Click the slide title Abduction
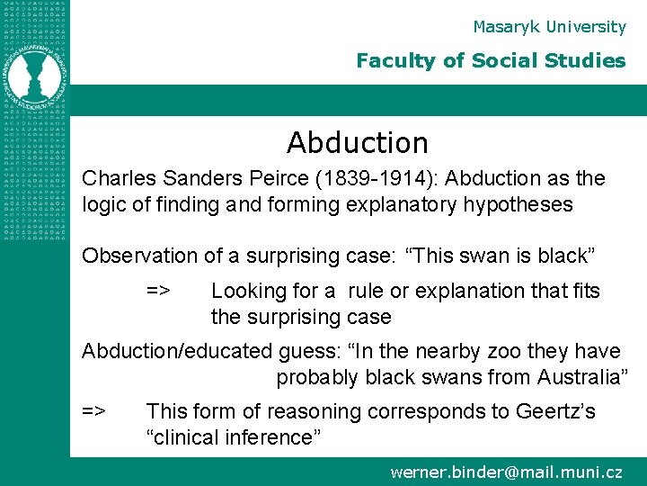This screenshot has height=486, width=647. pyautogui.click(x=357, y=142)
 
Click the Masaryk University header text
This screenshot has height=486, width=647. pyautogui.click(x=549, y=27)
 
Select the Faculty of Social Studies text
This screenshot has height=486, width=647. pyautogui.click(x=491, y=61)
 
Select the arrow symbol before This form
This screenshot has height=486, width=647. pyautogui.click(x=94, y=411)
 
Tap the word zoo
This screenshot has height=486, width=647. pyautogui.click(x=455, y=351)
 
